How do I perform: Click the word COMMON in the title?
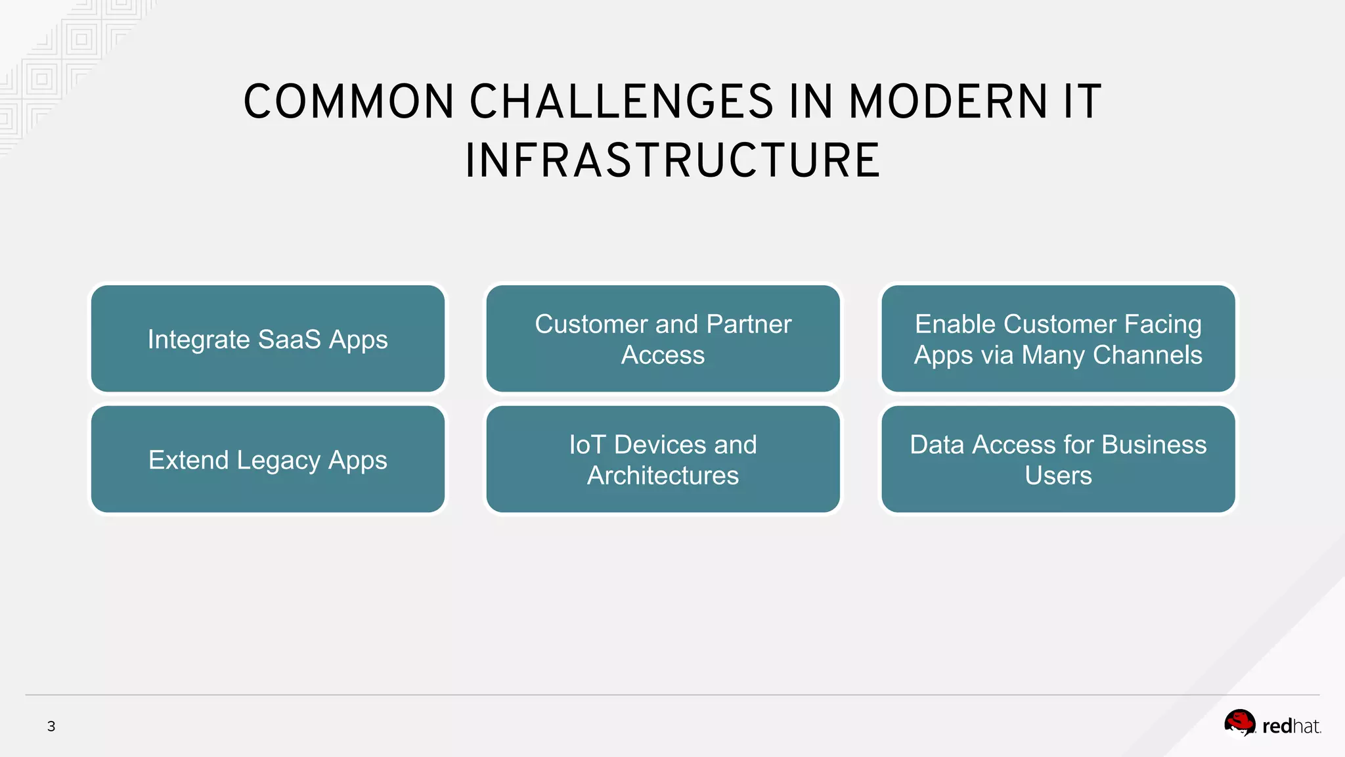tap(349, 103)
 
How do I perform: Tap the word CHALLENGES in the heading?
tap(621, 103)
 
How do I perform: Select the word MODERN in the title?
tap(948, 103)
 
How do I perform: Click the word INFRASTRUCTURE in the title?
tap(672, 161)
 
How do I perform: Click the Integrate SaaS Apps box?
tap(268, 338)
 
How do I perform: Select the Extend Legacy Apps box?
tap(268, 459)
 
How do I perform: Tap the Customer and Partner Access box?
tap(663, 338)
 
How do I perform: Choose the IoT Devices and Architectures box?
tap(663, 459)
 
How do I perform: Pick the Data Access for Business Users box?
tap(1058, 459)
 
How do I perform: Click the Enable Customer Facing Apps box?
tap(1058, 338)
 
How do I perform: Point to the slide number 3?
tap(51, 726)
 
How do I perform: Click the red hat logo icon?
tap(1239, 723)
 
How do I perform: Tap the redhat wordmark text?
tap(1290, 726)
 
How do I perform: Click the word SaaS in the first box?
tap(289, 340)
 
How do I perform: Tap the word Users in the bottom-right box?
tap(1058, 476)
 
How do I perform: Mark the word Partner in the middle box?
tap(749, 324)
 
